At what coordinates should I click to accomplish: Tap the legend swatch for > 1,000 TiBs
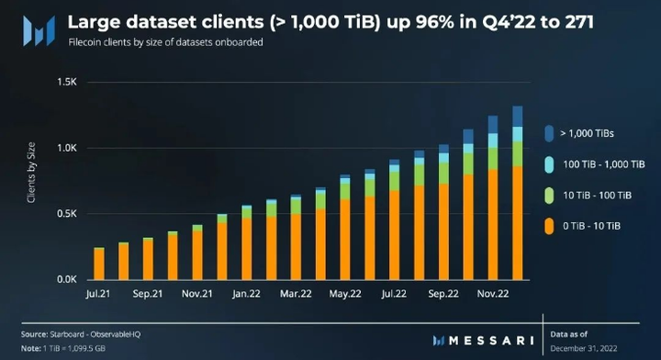coord(547,133)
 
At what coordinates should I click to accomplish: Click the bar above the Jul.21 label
coord(99,263)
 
